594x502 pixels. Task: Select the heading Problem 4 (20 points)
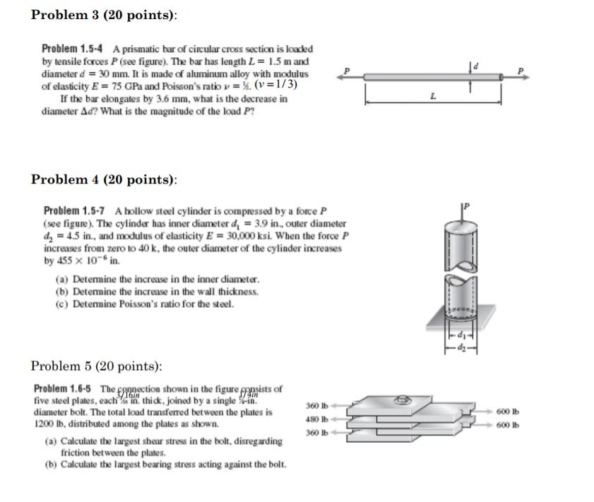(105, 179)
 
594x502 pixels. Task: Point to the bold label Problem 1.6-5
(64, 389)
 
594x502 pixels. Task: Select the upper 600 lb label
(508, 412)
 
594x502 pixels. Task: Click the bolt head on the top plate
(404, 398)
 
